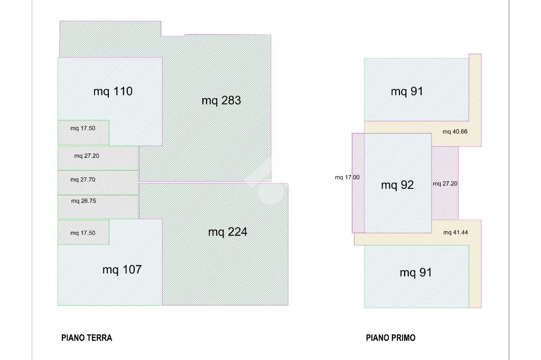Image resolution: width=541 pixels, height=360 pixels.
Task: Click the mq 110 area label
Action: [x=113, y=91]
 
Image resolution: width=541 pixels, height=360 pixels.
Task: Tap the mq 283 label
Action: [x=221, y=100]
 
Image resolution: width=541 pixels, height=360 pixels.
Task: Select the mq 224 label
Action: [x=228, y=232]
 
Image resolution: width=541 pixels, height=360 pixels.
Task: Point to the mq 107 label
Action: [x=122, y=269]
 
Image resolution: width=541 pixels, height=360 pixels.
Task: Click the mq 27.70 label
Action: [x=83, y=179]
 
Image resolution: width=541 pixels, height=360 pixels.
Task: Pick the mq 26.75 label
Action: [x=83, y=201]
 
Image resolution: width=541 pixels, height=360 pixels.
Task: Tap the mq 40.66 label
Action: [x=455, y=132]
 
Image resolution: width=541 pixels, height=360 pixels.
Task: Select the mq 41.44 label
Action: [x=456, y=232]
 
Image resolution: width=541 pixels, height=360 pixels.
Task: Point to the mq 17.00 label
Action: [x=347, y=177]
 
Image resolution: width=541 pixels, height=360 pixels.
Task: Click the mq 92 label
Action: [x=397, y=185]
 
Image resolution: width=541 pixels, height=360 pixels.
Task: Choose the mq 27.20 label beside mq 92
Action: [x=445, y=184]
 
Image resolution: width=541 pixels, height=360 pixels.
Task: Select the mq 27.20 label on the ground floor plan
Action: [x=87, y=156]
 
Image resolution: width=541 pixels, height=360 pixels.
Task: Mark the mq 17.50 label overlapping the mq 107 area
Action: [x=83, y=233]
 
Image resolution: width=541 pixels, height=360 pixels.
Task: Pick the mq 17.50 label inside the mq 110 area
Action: [x=83, y=128]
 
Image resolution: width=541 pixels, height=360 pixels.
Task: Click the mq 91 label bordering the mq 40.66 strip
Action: [x=407, y=91]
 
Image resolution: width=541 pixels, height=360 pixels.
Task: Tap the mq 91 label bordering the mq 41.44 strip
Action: [x=416, y=273]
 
